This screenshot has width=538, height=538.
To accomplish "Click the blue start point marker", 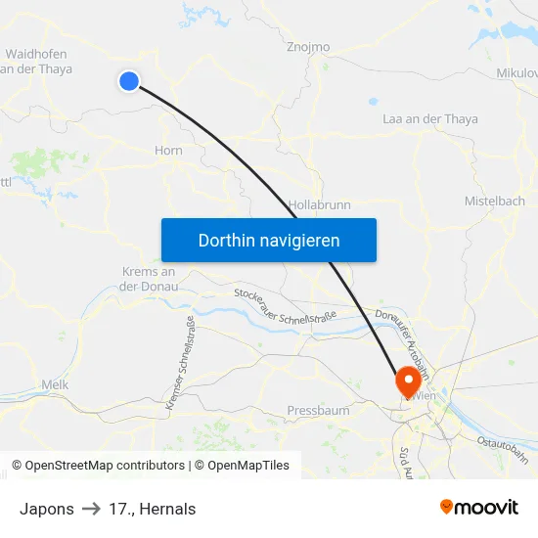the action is point(129,81).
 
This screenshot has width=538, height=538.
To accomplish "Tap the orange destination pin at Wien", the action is point(407,380).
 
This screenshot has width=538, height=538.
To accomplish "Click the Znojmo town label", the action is point(308,47).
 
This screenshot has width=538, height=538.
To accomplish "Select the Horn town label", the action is point(168,151).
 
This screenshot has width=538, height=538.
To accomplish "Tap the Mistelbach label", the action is point(494,201).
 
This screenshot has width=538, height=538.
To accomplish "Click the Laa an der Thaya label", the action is point(430,119).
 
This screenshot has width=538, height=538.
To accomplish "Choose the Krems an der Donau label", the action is point(149,279).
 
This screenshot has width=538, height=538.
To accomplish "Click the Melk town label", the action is point(55,385).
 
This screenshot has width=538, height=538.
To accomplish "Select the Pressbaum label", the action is point(318,411).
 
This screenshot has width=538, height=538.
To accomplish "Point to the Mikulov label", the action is point(516,73).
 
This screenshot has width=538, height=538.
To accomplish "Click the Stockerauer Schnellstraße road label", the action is point(285,306).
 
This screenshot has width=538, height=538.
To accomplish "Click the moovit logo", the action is point(479,507).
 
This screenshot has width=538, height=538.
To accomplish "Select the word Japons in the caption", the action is point(46,509).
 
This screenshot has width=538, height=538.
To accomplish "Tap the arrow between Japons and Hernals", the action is point(92,509).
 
